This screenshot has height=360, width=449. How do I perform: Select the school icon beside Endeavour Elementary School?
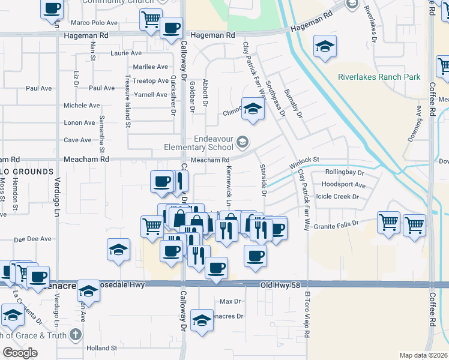coord(243,142)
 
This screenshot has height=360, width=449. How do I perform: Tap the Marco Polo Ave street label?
coord(94,23)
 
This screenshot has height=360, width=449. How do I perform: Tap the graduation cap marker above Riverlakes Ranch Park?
coord(325,47)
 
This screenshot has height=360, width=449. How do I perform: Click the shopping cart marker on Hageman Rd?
coord(151,19)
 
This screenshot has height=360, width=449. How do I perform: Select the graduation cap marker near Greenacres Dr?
coord(202,320)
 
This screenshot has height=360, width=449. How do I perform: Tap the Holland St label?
coord(101,348)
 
